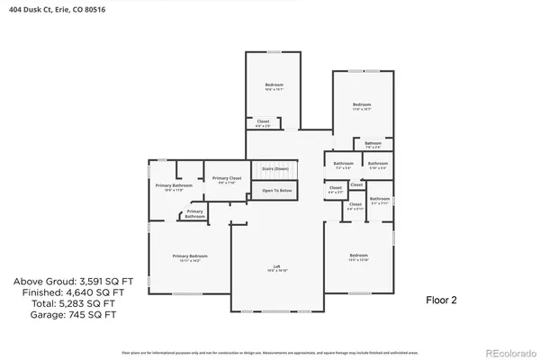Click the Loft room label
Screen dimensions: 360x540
(x=276, y=266)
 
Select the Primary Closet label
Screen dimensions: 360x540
(x=227, y=180)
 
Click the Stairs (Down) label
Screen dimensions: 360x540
(x=274, y=168)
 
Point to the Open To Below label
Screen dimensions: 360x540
(x=276, y=191)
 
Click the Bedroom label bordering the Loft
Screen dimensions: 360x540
(x=358, y=256)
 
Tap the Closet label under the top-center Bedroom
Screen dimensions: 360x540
(x=263, y=122)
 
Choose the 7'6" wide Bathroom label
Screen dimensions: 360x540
(x=373, y=144)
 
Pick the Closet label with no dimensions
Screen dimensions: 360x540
(x=356, y=184)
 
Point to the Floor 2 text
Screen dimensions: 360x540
(x=441, y=300)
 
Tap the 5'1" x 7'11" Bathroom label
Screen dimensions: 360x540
(x=380, y=200)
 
